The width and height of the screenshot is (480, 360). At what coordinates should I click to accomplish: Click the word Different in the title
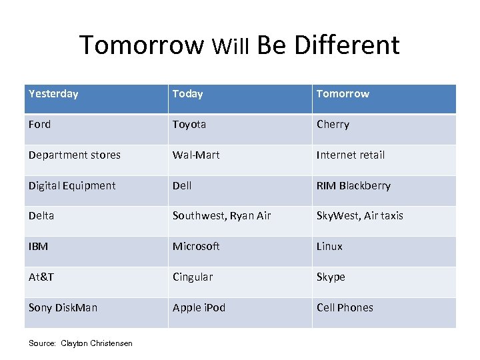point(347,45)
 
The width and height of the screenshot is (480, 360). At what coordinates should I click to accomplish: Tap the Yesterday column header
point(53,94)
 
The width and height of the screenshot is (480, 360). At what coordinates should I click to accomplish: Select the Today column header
point(187,94)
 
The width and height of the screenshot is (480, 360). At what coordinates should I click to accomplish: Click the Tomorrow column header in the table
point(343,94)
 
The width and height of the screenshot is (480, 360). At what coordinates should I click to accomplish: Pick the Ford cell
point(39,125)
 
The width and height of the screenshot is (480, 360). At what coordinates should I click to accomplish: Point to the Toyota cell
point(189,125)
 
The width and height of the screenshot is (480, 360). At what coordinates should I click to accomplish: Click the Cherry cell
point(333,125)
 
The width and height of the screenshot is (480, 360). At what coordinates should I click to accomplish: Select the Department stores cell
point(75,155)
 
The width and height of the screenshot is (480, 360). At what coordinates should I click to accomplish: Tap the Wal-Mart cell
point(196,155)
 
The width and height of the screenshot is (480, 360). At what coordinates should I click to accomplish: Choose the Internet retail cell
point(351,155)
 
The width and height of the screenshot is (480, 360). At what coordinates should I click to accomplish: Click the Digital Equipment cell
point(72,186)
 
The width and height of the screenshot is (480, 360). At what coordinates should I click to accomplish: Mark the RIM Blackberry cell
point(353,186)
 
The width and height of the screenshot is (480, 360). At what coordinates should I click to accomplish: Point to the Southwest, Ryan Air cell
point(221,216)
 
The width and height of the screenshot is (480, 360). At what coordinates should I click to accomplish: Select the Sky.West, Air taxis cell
point(359,216)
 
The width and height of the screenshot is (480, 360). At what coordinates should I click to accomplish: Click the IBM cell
point(39,247)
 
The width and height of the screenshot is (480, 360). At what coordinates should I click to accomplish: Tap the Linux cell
point(329,247)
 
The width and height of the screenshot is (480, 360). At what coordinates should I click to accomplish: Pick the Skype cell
point(331,277)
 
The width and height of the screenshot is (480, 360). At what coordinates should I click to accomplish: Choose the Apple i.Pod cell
point(199,308)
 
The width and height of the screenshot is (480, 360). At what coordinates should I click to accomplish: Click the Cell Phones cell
point(345,308)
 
